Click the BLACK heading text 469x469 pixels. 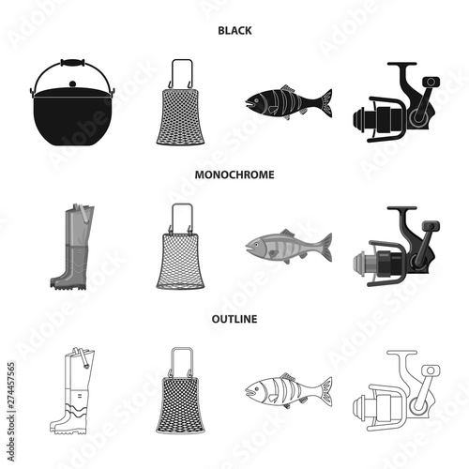[235, 29]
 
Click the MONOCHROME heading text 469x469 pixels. [235, 174]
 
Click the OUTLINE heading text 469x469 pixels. [235, 319]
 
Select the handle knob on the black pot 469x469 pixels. [71, 63]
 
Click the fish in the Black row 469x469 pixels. [287, 101]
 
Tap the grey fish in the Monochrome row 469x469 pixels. [287, 247]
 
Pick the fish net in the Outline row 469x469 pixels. [180, 388]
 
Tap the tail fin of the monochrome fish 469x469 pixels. [322, 247]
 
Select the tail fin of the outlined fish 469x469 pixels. [322, 389]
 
